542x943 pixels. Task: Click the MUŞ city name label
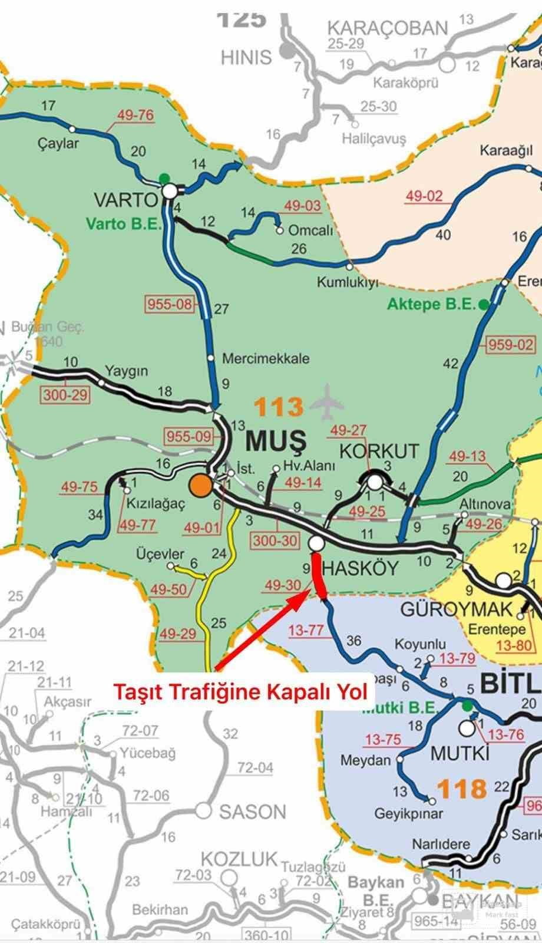[276, 440]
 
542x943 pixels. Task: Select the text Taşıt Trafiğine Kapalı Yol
[240, 691]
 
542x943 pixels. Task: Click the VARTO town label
[125, 200]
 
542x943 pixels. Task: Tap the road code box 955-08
[170, 304]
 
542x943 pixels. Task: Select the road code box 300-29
[65, 394]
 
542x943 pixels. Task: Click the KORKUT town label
[379, 451]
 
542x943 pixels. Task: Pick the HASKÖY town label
[361, 568]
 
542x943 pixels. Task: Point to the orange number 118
[462, 788]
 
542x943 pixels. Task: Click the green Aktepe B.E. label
[431, 304]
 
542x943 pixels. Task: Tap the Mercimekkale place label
[266, 358]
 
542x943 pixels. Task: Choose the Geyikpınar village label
[409, 814]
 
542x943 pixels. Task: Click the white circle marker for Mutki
[467, 728]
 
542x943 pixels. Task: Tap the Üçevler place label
[160, 554]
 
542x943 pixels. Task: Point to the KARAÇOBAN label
[388, 28]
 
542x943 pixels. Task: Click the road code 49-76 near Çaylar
[135, 115]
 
